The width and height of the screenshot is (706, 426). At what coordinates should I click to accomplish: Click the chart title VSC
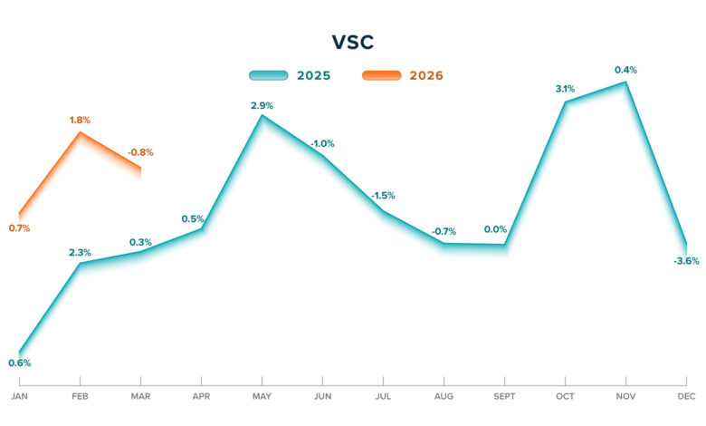click(x=353, y=42)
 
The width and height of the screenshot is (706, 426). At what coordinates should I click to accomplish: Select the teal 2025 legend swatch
click(x=269, y=75)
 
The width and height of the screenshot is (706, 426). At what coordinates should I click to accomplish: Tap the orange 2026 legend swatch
click(x=381, y=75)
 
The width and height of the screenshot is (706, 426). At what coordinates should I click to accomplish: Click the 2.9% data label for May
click(x=262, y=105)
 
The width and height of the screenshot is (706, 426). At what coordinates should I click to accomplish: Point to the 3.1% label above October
click(x=565, y=89)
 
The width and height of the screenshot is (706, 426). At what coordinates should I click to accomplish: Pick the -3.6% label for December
click(x=687, y=261)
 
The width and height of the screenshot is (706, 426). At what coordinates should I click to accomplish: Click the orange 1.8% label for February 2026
click(x=81, y=120)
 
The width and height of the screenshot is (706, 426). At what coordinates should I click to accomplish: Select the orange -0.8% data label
click(x=140, y=152)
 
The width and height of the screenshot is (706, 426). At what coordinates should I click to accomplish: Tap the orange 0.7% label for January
click(x=19, y=228)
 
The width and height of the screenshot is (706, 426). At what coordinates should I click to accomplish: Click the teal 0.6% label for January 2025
click(x=20, y=363)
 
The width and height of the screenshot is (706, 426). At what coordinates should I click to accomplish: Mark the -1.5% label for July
click(x=383, y=196)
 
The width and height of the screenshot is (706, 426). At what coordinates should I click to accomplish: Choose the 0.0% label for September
click(x=496, y=229)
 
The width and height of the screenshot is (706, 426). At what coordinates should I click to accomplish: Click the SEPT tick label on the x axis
click(x=504, y=396)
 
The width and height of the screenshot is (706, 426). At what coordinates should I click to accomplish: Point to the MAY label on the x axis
click(x=262, y=396)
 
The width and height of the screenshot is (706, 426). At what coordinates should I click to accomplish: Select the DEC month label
click(x=687, y=396)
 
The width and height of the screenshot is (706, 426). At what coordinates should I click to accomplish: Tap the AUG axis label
click(x=444, y=396)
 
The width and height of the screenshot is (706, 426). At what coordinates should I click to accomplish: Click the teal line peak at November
click(x=625, y=82)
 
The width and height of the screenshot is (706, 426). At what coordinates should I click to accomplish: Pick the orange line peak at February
click(x=81, y=132)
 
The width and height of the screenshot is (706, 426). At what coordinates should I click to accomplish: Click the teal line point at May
click(x=262, y=115)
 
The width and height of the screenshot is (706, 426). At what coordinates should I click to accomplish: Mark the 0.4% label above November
click(x=625, y=70)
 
